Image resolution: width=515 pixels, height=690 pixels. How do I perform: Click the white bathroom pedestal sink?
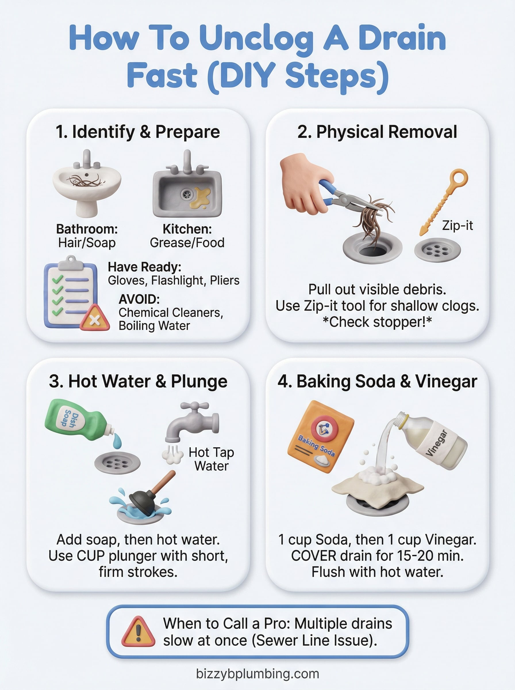87,184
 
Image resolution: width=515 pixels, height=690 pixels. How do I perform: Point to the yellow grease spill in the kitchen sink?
201,198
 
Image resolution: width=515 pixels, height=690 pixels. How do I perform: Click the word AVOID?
139,299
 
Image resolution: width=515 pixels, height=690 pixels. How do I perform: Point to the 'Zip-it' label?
457,225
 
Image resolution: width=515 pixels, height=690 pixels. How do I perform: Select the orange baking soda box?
320,436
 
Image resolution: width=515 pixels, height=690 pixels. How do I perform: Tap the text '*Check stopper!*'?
377,322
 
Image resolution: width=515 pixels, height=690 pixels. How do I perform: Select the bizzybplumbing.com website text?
257,674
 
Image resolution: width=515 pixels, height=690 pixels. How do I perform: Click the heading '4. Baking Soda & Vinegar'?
377,381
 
